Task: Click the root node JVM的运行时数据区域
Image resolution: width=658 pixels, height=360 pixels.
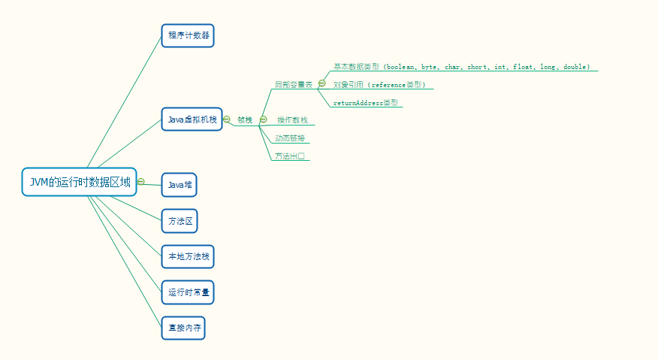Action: [79, 182]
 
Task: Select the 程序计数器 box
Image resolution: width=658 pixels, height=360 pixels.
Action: [188, 35]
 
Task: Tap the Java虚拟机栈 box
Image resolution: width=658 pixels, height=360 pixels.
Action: [192, 119]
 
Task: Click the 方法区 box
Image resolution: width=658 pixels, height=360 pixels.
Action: [180, 221]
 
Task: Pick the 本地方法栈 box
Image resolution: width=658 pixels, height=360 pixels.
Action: [188, 256]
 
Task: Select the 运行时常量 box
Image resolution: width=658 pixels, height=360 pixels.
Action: [188, 292]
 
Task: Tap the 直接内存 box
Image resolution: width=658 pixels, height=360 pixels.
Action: [183, 328]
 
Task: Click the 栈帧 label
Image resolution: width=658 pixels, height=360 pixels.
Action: [245, 120]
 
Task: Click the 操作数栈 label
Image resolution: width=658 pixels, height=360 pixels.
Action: [292, 120]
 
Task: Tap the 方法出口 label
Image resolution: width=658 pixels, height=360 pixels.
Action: [289, 156]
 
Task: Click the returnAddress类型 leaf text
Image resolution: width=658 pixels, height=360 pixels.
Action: [366, 103]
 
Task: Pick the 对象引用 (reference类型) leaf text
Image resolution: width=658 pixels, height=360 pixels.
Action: [379, 85]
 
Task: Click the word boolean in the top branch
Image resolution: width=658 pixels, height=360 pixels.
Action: [401, 67]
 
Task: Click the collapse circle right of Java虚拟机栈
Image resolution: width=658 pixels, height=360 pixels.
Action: [227, 119]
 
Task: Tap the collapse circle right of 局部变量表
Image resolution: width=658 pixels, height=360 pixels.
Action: [321, 84]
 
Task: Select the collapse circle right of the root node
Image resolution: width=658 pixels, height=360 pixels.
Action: [141, 182]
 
